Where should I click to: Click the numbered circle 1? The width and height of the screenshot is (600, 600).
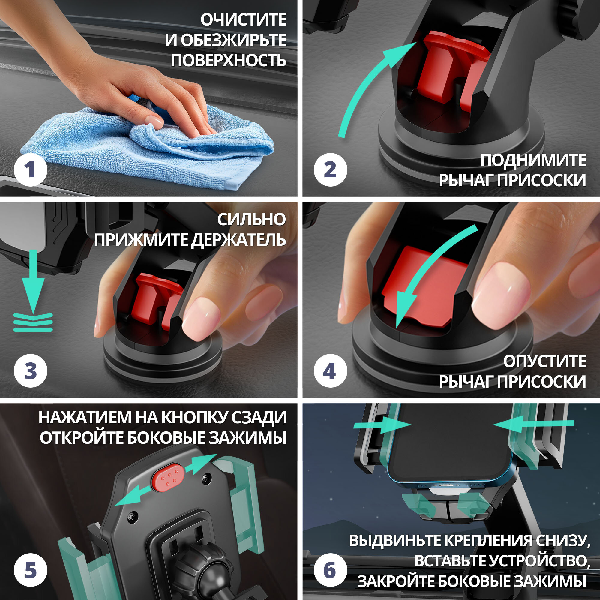[x=30, y=170]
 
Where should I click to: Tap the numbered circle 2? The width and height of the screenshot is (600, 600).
[x=330, y=170]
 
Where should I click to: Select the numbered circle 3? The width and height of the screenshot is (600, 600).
[x=30, y=371]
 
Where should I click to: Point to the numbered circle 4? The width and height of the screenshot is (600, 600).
[x=330, y=371]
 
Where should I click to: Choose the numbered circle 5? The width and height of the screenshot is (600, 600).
[x=30, y=570]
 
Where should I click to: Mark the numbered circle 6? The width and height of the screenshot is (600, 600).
[x=330, y=570]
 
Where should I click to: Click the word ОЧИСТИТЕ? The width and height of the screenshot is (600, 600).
[x=244, y=20]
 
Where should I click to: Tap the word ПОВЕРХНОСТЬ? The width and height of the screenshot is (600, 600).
[x=228, y=60]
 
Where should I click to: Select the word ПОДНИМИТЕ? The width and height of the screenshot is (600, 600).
[x=533, y=160]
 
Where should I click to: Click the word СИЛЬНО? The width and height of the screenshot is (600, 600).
[x=252, y=220]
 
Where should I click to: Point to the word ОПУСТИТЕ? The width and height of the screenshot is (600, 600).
[x=545, y=361]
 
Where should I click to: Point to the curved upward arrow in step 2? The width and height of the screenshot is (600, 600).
[x=373, y=90]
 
